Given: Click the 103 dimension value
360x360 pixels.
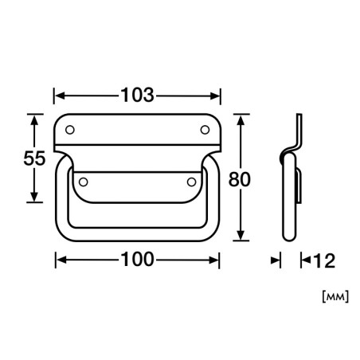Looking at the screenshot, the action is point(137,95).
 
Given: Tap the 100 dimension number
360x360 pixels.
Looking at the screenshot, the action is point(137,260).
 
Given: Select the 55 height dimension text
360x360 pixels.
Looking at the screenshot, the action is point(34,158).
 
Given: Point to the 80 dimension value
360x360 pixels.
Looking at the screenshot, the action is point(240,179).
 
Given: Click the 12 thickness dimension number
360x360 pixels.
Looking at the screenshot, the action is point(324,260).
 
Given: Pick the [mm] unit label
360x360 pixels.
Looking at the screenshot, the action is point(335,297).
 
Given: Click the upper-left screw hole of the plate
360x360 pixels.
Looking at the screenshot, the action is point(70,130).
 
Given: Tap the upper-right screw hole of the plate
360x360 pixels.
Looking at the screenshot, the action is point(205,130).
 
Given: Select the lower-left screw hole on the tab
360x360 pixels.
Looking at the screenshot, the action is point(84,182).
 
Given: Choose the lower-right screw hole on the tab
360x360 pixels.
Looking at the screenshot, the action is point(191,182).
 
